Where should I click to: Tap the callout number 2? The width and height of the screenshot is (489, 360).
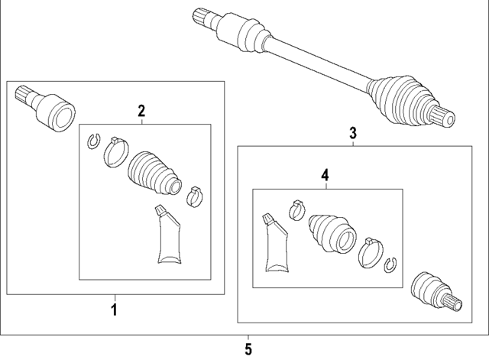tap(141, 112)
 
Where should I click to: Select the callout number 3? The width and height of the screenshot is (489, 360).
tap(352, 133)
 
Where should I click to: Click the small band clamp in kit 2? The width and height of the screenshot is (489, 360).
tap(194, 195)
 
